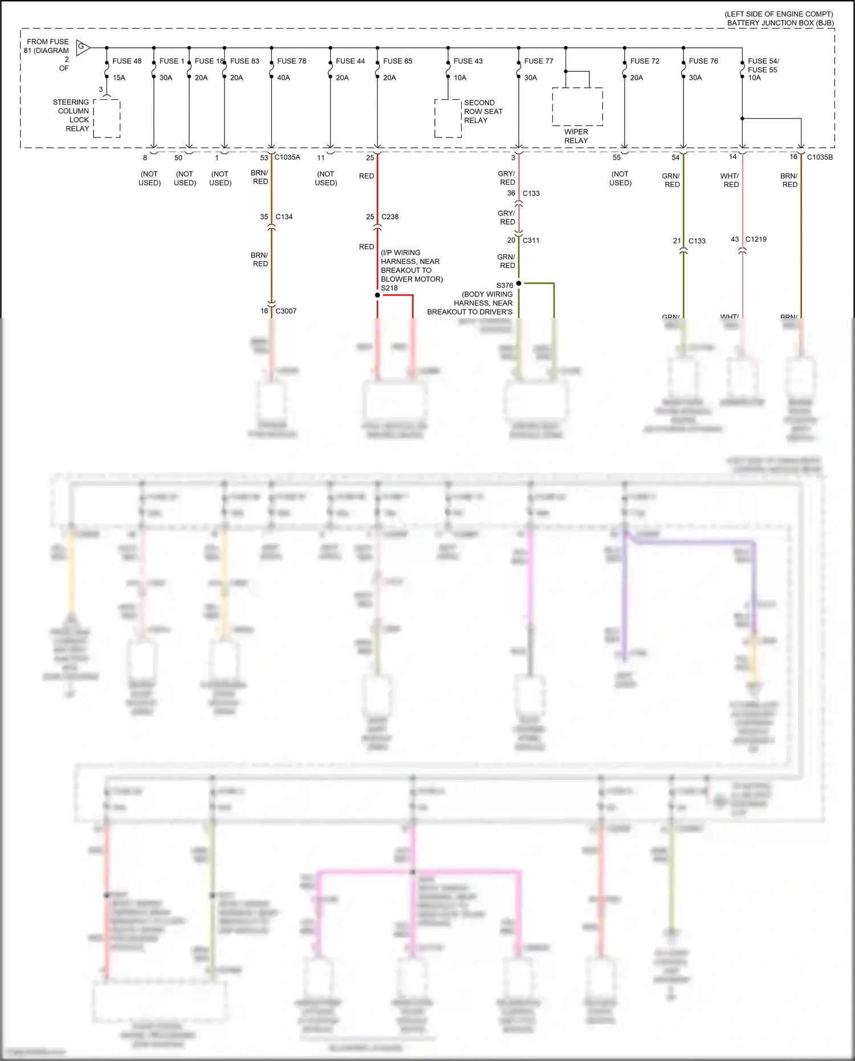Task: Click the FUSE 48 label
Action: click(127, 61)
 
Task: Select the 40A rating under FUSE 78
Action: click(283, 78)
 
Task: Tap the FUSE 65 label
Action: click(397, 61)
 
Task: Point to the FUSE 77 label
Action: click(539, 61)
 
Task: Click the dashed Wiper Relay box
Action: click(577, 107)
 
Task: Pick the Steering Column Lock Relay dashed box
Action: click(107, 118)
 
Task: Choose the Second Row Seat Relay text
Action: click(483, 112)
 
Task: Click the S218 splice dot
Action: click(377, 295)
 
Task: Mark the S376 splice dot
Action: click(519, 283)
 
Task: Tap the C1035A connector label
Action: click(287, 157)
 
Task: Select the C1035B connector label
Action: click(820, 157)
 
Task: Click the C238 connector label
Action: click(390, 217)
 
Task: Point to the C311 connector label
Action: click(531, 241)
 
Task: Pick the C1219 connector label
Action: click(756, 239)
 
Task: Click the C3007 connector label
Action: click(286, 311)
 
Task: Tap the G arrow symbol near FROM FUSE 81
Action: click(83, 47)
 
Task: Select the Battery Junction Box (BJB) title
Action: click(780, 23)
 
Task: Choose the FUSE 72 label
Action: click(645, 61)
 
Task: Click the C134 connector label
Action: click(284, 217)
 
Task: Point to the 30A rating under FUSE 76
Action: click(695, 78)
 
